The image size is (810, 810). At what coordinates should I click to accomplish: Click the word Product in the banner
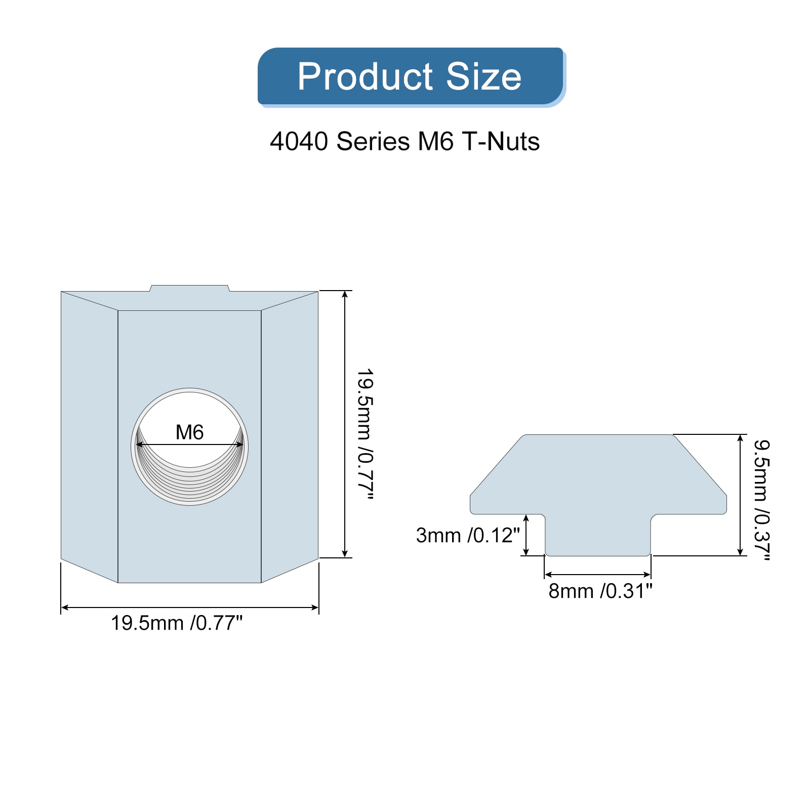coord(365,77)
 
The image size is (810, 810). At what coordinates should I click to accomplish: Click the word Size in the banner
coord(483,77)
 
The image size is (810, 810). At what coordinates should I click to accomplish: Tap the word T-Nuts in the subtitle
coord(500,141)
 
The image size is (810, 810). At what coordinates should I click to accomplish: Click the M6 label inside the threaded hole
coord(189,432)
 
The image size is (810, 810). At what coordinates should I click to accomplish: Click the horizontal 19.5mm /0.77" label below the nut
coord(177,623)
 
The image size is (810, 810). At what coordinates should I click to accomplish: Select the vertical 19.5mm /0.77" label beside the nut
coord(366,434)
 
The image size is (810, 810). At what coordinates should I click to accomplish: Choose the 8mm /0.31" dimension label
coord(600,591)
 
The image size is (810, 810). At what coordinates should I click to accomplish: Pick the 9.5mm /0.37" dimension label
coord(762,500)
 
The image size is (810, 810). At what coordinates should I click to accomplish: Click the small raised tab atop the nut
coord(190,288)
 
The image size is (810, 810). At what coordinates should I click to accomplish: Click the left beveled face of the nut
coord(89,435)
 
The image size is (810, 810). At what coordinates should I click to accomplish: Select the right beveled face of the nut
coord(290,435)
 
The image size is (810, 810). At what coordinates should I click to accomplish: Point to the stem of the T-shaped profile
coord(598,537)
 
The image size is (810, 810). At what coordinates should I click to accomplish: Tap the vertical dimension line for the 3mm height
coord(526,535)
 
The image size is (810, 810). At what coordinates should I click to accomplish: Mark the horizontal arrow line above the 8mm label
coord(597,575)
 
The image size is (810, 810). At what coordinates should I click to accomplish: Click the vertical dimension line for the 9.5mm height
coord(740,495)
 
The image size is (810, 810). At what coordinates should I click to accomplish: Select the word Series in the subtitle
coord(373,141)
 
